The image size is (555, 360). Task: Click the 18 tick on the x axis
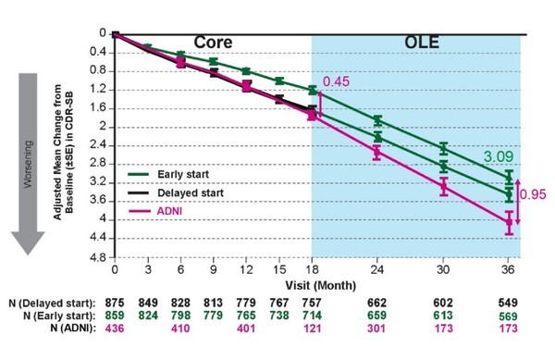pyautogui.click(x=312, y=269)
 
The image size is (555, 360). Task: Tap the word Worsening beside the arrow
pyautogui.click(x=29, y=149)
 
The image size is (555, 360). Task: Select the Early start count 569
pyautogui.click(x=510, y=317)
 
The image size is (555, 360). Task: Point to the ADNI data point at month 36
pyautogui.click(x=509, y=222)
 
